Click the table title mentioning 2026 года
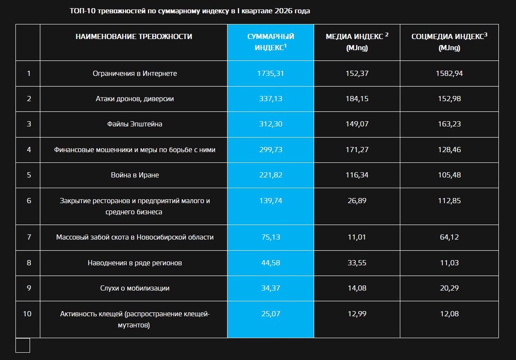(190, 11)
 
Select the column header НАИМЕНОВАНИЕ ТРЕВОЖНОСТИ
(134, 37)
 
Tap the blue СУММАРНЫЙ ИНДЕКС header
(270, 42)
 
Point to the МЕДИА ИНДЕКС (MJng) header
(357, 42)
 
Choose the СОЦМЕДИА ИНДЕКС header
(449, 42)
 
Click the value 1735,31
(270, 73)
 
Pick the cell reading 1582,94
(449, 73)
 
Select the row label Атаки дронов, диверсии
(135, 99)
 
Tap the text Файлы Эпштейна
(135, 124)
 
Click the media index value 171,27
(357, 149)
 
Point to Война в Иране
(135, 175)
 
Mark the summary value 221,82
(270, 175)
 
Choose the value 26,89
(357, 201)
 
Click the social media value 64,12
(449, 237)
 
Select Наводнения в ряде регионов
(135, 263)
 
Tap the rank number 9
(29, 288)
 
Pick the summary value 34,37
(270, 288)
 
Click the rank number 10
(28, 314)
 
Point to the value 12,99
(357, 314)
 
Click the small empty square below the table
(23, 345)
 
